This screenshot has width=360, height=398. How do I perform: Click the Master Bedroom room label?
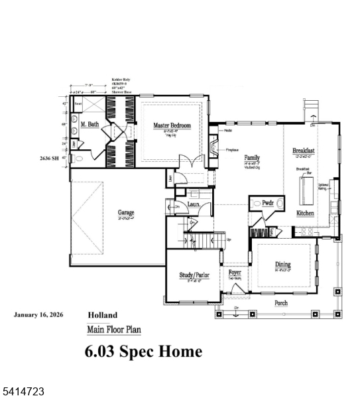172,125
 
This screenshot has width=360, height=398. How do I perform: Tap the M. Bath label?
90,125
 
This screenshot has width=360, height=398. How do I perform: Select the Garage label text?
126,212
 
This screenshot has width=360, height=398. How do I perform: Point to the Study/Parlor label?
194,275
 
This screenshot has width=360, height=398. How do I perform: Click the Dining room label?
282,265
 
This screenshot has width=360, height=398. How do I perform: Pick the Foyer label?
235,273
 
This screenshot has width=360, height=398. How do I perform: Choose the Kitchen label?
305,213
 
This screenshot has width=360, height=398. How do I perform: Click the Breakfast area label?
304,151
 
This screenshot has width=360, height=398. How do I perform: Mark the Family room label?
252,157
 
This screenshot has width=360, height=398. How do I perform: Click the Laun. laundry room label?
194,206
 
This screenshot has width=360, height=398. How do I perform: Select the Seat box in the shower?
78,104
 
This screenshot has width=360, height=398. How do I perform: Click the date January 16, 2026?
38,315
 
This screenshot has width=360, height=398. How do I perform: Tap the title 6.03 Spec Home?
143,351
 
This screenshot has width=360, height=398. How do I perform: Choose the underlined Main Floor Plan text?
113,329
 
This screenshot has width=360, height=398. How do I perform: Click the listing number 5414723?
23,392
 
